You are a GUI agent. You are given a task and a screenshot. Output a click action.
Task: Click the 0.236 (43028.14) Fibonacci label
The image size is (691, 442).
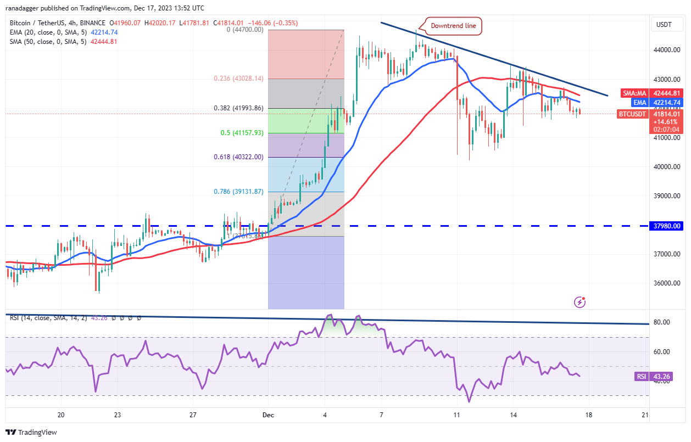point(239,79)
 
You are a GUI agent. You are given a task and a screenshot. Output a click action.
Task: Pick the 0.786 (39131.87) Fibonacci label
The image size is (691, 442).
point(239,192)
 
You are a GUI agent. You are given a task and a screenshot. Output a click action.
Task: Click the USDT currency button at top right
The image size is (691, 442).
point(664,24)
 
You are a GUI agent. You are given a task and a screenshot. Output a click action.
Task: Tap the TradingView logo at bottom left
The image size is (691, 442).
point(32,432)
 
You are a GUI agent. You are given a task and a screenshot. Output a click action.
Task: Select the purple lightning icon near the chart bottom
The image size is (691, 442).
point(579,301)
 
